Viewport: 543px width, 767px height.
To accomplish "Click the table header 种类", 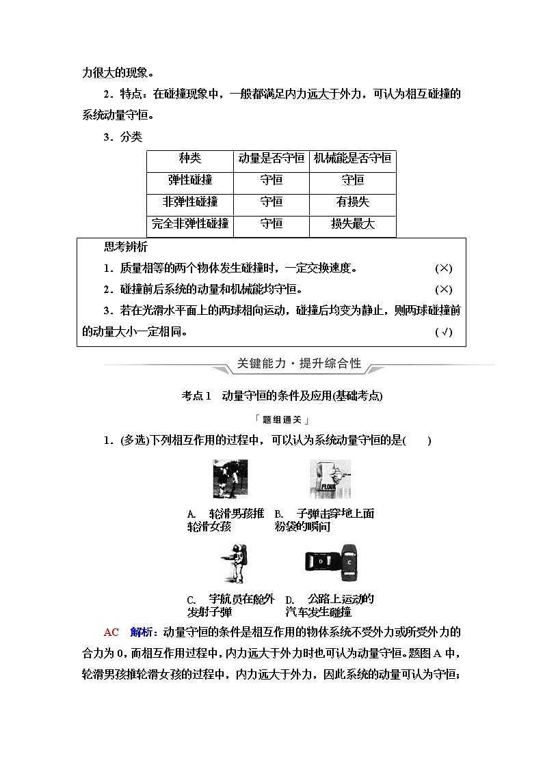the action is tap(189, 158).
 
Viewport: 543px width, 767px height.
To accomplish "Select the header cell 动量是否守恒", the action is tap(271, 158).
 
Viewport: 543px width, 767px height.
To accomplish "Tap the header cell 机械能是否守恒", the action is tap(352, 158).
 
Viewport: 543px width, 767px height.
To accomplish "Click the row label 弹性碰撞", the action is tap(189, 180).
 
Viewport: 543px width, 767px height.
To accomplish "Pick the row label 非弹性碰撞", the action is tap(189, 202).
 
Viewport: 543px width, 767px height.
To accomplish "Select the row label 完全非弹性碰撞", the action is tap(189, 224).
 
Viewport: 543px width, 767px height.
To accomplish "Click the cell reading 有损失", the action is tap(352, 202).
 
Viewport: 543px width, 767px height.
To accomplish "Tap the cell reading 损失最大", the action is tap(352, 224).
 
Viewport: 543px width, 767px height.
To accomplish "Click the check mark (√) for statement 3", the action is tap(443, 333).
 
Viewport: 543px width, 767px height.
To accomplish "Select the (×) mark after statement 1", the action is tap(443, 269).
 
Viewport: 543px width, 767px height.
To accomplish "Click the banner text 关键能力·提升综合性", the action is tap(298, 364).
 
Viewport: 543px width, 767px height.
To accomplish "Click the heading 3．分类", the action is tap(122, 137).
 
